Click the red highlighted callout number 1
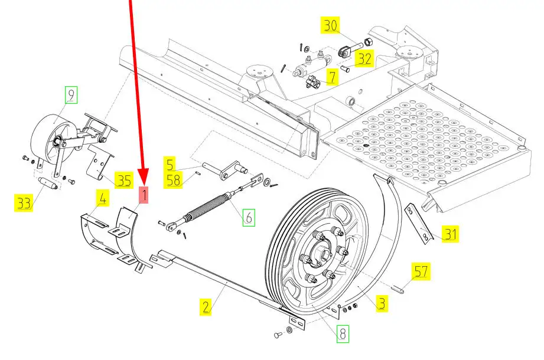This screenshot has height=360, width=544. click(144, 194)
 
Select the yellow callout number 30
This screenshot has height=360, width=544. click(330, 26)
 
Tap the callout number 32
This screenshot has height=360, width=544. click(365, 58)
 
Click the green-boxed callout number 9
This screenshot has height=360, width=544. click(71, 94)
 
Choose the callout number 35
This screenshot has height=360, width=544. click(123, 180)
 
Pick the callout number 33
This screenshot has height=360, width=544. click(24, 204)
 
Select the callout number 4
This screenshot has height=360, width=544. click(103, 199)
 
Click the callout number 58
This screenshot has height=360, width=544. click(174, 180)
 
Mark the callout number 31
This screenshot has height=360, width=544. click(451, 234)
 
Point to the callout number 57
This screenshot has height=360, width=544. click(421, 272)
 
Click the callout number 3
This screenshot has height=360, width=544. click(382, 304)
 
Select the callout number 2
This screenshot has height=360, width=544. click(205, 306)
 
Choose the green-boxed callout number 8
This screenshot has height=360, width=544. click(343, 334)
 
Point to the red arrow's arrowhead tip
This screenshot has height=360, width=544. click(142, 183)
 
